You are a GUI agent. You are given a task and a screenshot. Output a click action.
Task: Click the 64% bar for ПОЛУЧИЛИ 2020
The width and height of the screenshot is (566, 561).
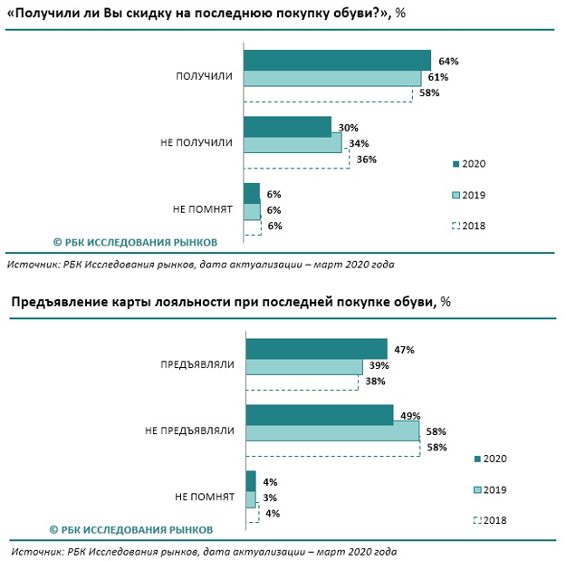(x=337, y=60)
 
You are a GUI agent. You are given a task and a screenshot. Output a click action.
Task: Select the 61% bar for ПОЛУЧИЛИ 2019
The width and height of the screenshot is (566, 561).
(x=332, y=77)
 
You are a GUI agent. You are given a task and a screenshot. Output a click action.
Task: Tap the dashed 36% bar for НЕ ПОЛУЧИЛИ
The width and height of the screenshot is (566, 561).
(x=298, y=160)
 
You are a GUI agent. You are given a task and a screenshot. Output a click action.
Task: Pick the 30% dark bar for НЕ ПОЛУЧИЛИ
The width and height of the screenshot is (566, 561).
(x=288, y=126)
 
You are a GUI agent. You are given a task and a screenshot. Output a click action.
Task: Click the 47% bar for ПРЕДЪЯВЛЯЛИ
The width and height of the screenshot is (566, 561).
(x=316, y=349)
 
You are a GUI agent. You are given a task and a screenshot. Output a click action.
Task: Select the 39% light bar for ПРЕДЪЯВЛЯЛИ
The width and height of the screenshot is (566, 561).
(x=303, y=365)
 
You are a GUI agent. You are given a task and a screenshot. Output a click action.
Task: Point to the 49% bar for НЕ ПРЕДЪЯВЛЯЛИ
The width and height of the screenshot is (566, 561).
(x=319, y=414)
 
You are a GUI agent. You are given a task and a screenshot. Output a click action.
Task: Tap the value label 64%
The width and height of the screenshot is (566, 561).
(x=449, y=62)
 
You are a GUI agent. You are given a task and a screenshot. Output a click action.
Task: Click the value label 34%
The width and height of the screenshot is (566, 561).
(x=359, y=143)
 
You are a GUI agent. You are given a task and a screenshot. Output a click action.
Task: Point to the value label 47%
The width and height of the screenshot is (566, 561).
(x=404, y=349)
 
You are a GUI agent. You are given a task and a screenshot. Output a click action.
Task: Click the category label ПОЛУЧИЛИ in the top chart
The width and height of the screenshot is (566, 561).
(x=204, y=77)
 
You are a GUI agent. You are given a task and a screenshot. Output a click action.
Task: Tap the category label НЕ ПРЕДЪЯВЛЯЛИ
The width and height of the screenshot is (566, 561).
(x=190, y=431)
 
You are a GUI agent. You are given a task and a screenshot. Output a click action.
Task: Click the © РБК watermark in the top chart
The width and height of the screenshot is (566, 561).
(x=135, y=242)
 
